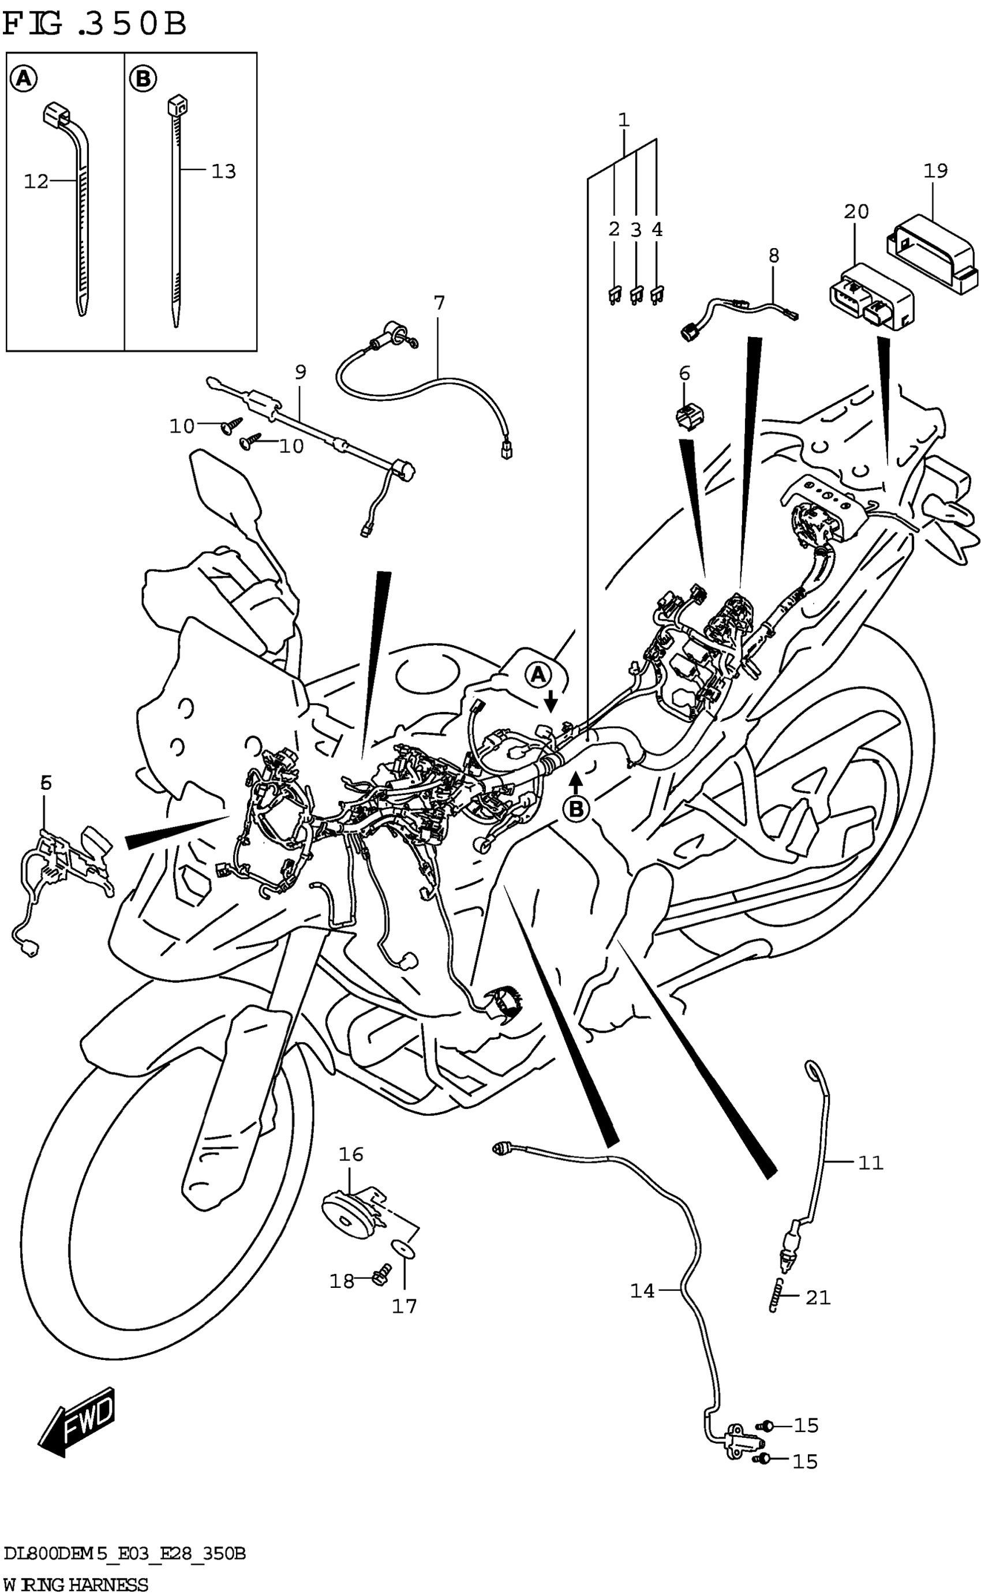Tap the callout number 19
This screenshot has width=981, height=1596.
click(935, 171)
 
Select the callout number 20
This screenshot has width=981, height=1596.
click(856, 212)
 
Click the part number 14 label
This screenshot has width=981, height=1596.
click(642, 1291)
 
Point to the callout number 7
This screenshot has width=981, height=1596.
click(439, 303)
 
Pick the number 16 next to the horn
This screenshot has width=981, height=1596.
click(351, 1154)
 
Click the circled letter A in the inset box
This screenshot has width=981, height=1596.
click(23, 79)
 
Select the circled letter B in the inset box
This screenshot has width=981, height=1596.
click(143, 79)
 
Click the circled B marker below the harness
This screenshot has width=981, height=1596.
click(576, 808)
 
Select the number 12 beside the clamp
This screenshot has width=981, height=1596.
click(36, 182)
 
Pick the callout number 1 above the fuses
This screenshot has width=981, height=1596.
click(623, 120)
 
